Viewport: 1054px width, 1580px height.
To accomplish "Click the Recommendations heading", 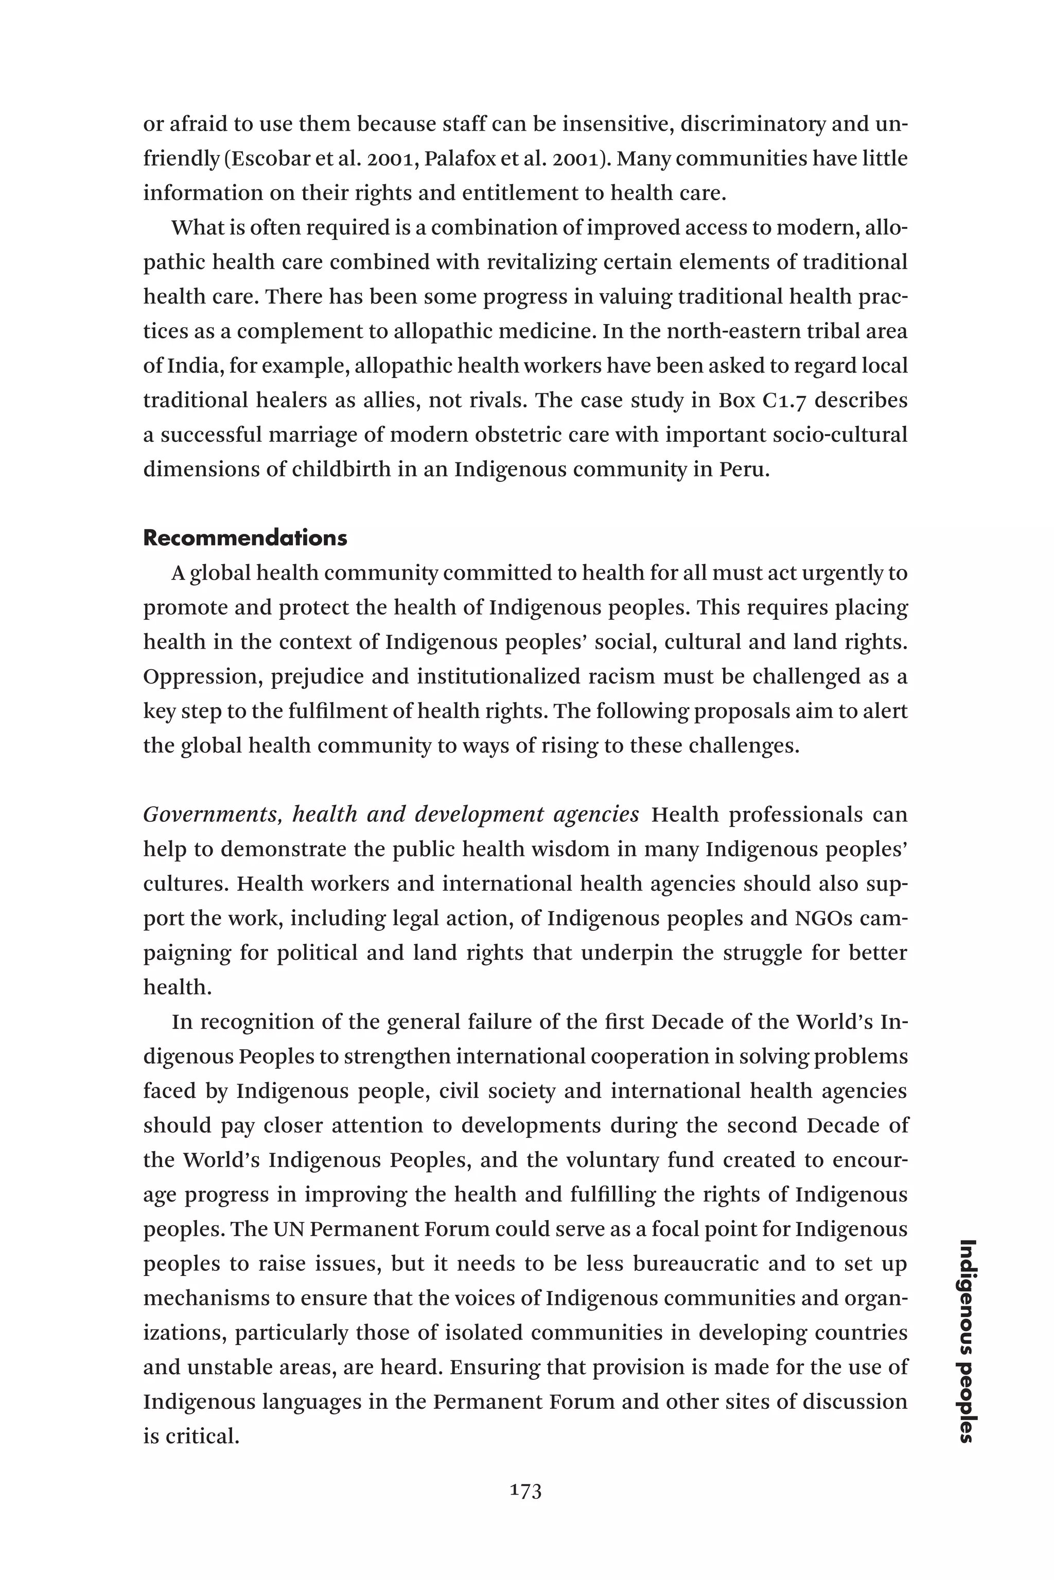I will (245, 538).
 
